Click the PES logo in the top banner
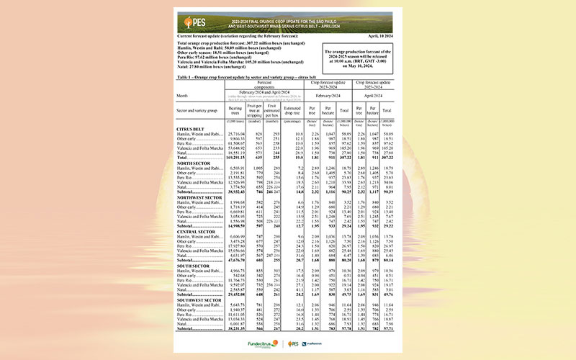pyautogui.click(x=194, y=21)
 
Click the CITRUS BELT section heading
pyautogui.click(x=190, y=128)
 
